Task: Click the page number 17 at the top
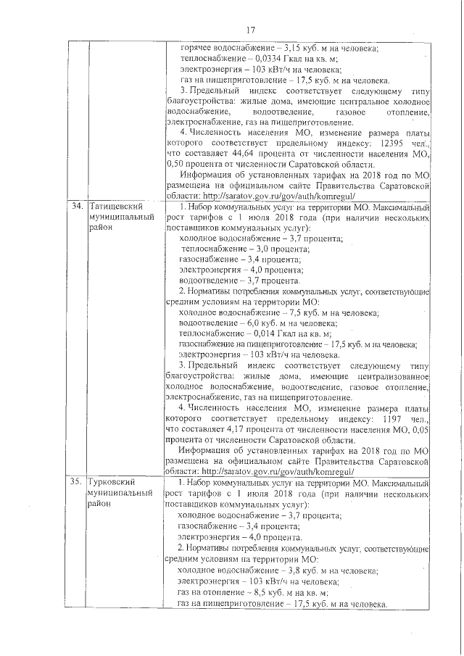click(x=251, y=30)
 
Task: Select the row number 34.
click(x=75, y=207)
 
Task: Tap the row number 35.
click(x=75, y=481)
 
